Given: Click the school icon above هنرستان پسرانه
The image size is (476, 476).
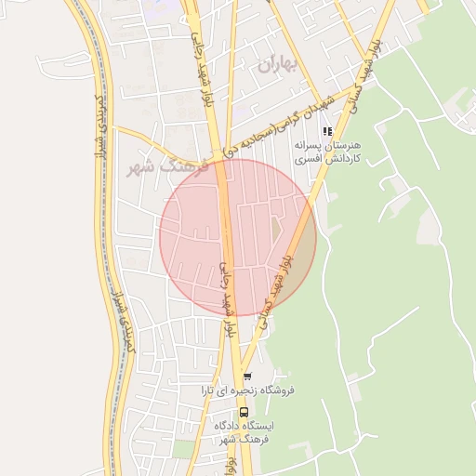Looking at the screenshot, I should (x=326, y=132).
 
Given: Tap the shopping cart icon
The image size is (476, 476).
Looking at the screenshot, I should (x=246, y=376).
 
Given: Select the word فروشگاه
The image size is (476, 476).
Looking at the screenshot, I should (x=274, y=390).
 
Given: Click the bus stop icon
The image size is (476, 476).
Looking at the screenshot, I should (x=244, y=411).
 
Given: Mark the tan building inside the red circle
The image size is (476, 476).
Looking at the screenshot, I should (x=276, y=226).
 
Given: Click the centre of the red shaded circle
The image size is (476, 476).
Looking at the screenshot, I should (x=238, y=237).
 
